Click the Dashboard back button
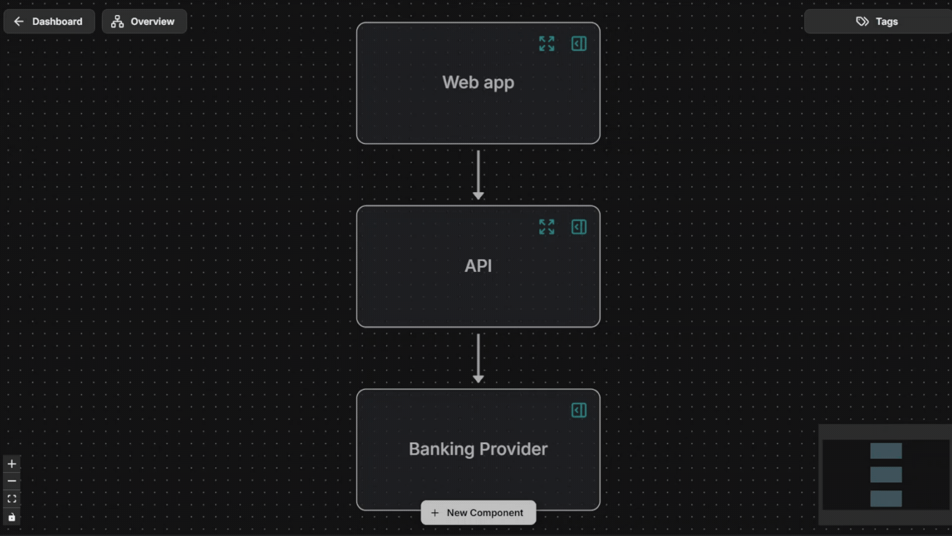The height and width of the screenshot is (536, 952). pyautogui.click(x=49, y=21)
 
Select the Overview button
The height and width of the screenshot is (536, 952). pyautogui.click(x=144, y=21)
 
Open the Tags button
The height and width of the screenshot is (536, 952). pyautogui.click(x=877, y=21)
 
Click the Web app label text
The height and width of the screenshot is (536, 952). pyautogui.click(x=478, y=82)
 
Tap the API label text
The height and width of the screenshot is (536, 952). pyautogui.click(x=478, y=266)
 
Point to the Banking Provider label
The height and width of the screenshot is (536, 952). pyautogui.click(x=478, y=449)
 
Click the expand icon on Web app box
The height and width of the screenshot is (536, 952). pyautogui.click(x=546, y=44)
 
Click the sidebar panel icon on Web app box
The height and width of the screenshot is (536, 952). pyautogui.click(x=579, y=44)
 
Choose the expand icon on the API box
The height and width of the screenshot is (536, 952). pyautogui.click(x=546, y=227)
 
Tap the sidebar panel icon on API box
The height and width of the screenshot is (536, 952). pyautogui.click(x=579, y=227)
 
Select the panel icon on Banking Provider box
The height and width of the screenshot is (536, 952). pyautogui.click(x=579, y=410)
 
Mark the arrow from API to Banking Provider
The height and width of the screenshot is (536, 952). pyautogui.click(x=478, y=358)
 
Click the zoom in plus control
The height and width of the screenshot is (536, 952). pyautogui.click(x=12, y=464)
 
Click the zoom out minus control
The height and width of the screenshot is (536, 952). pyautogui.click(x=12, y=481)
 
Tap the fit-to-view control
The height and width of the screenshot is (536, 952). pyautogui.click(x=12, y=499)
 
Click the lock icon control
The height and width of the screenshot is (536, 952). pyautogui.click(x=12, y=517)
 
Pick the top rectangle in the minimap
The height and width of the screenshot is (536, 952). pyautogui.click(x=886, y=451)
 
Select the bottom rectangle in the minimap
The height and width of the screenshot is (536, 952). pyautogui.click(x=886, y=498)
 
